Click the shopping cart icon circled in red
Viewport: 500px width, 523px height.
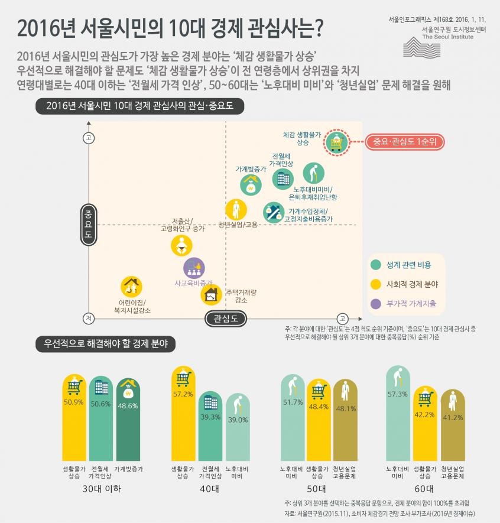pos(336,142)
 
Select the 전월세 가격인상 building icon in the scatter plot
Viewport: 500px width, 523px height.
pos(282,178)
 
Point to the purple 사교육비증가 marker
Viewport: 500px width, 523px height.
pos(194,268)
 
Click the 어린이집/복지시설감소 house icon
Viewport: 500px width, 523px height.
pos(131,287)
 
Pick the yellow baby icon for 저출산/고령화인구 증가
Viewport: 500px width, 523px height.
pos(181,245)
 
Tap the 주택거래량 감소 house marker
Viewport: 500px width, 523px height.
pos(211,293)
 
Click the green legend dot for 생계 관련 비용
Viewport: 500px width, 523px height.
pos(375,265)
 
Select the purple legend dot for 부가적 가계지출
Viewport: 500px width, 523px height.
pos(375,303)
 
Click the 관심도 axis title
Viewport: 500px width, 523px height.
pos(225,319)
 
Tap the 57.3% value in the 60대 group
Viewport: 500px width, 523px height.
pos(398,394)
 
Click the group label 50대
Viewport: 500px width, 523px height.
pos(317,489)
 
